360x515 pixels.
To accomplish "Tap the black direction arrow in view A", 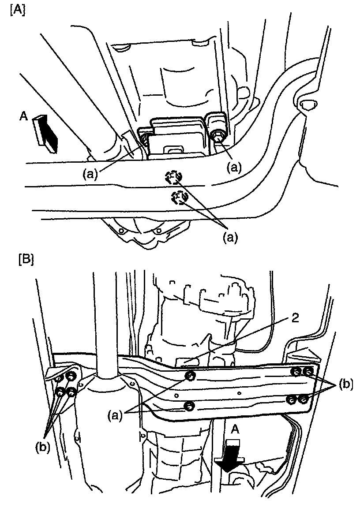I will [x=48, y=133].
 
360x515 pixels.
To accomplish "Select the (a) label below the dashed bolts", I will [x=229, y=238].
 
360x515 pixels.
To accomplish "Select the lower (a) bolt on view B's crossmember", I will [x=188, y=406].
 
